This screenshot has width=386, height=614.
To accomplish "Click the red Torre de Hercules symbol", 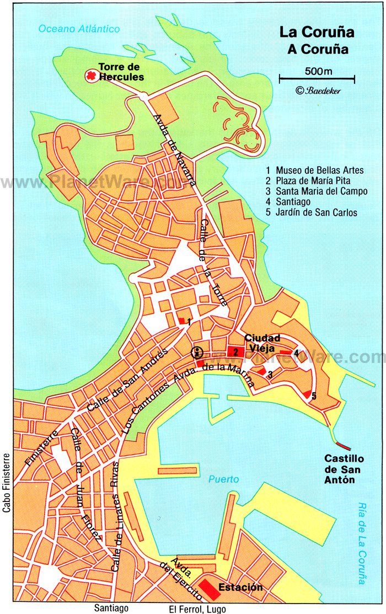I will [90, 76].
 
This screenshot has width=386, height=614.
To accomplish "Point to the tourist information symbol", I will [196, 353].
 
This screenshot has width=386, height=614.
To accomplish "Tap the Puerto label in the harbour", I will [223, 479].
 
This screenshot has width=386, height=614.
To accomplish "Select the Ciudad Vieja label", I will [262, 343].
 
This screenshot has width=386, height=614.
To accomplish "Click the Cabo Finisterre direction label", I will [7, 483].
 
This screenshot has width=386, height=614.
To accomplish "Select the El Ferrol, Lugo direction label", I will [197, 608].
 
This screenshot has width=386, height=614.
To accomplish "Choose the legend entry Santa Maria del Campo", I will [321, 191].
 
